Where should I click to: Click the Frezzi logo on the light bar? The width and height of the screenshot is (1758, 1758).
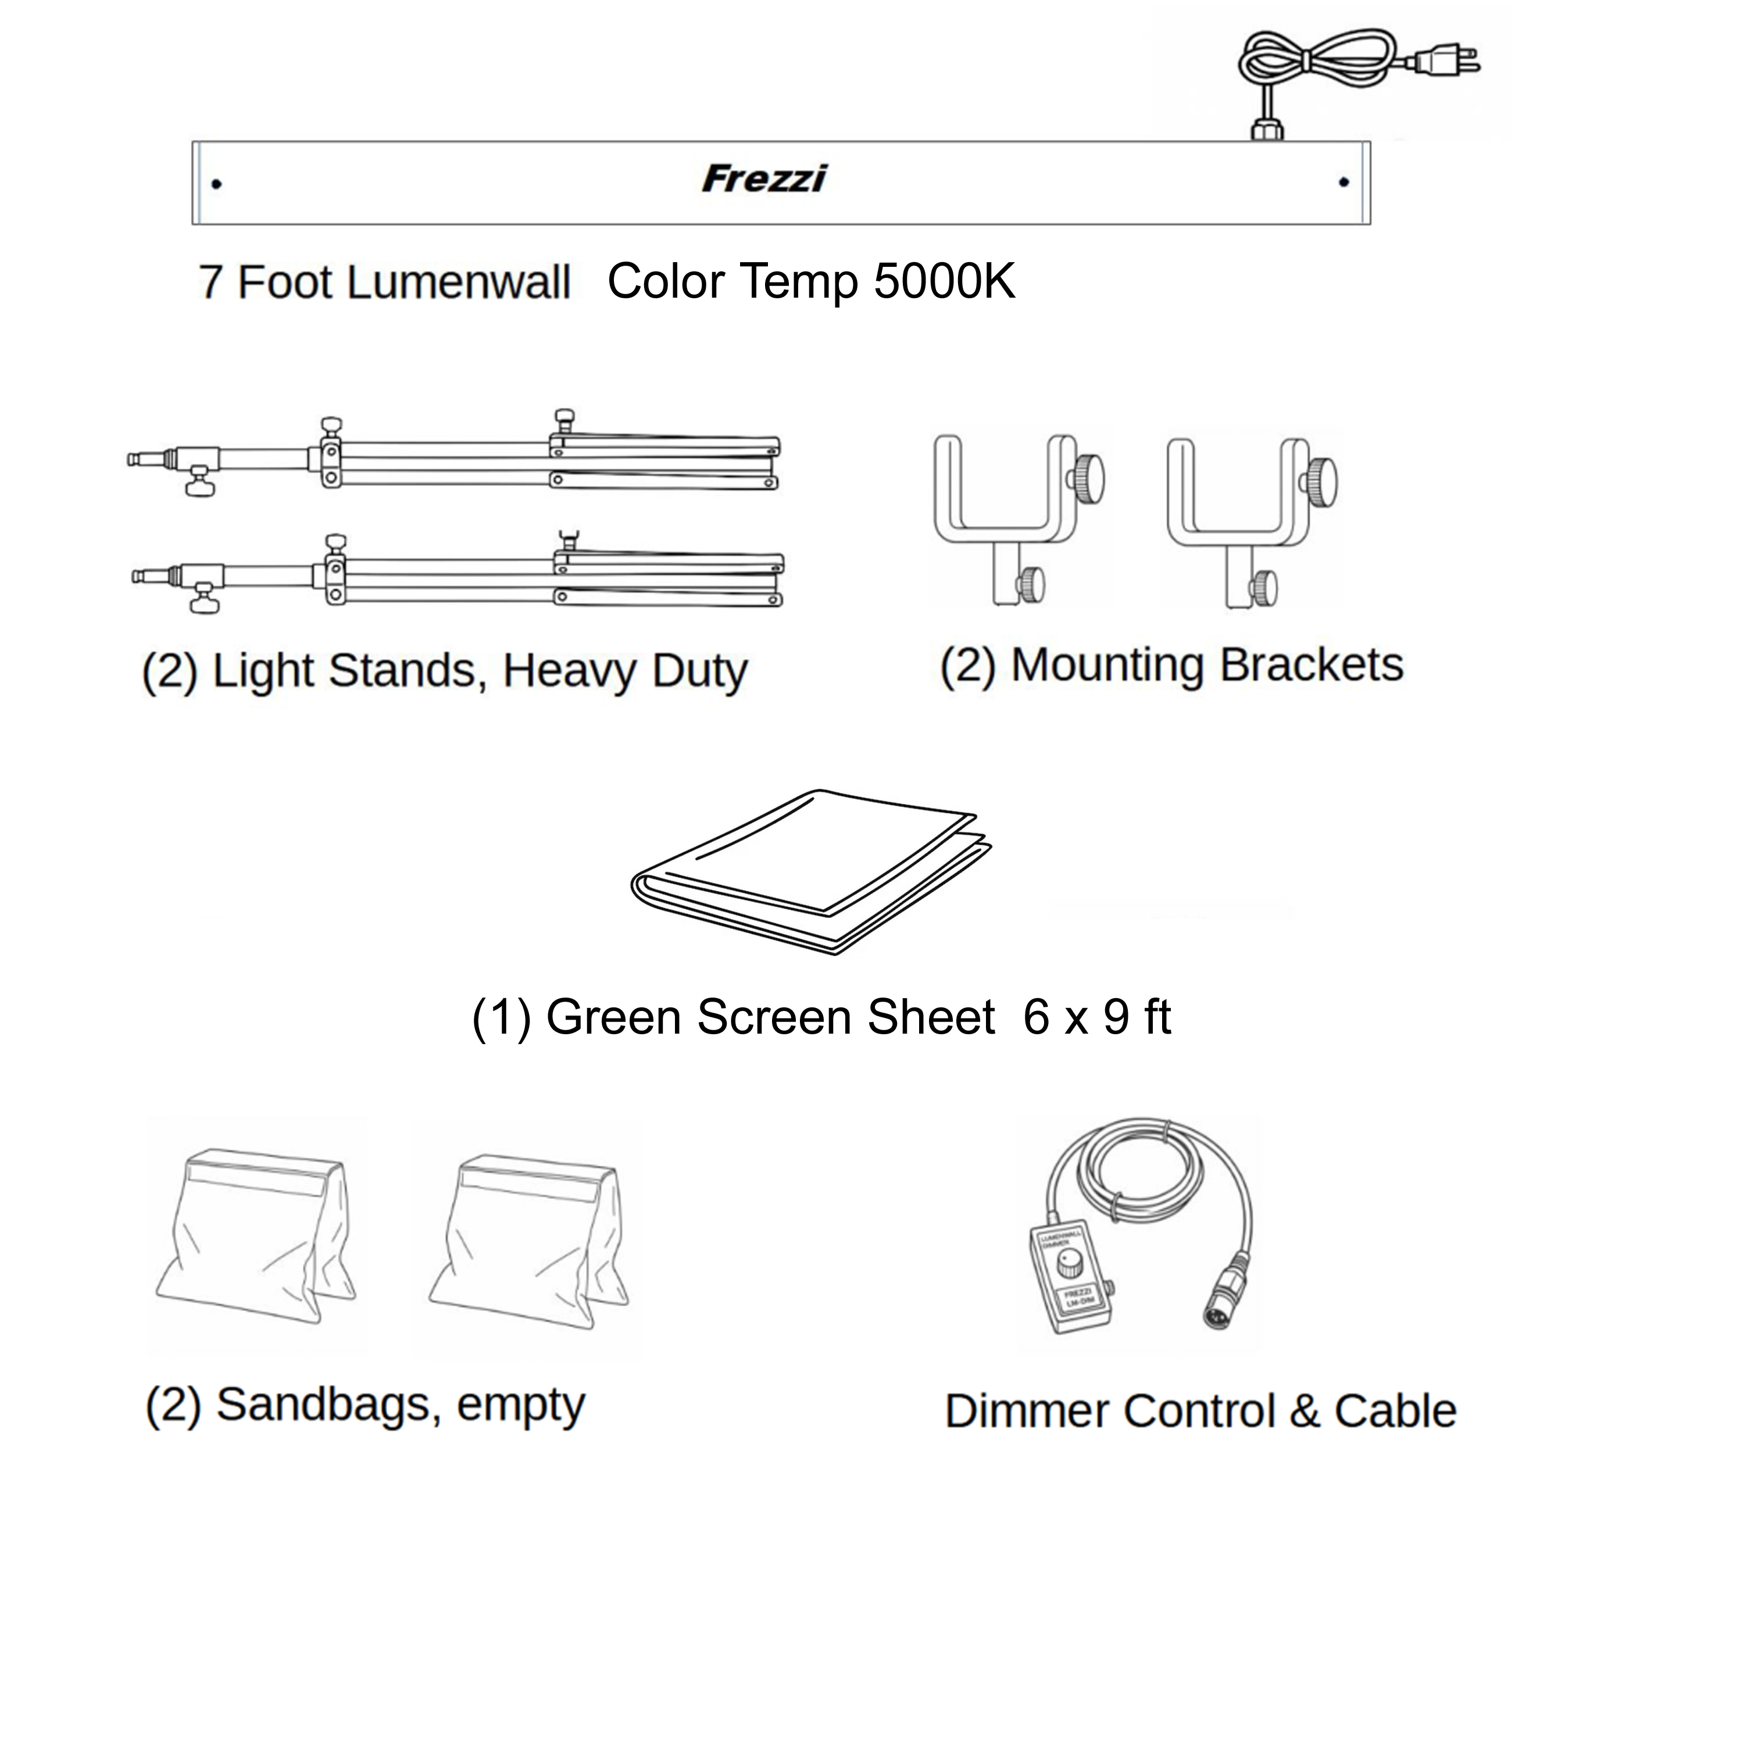pyautogui.click(x=764, y=178)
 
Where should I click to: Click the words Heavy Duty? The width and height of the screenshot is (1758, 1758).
pyautogui.click(x=624, y=671)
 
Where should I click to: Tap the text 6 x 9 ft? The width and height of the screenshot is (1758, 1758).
pyautogui.click(x=1096, y=1016)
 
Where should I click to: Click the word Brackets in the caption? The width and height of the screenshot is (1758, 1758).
pyautogui.click(x=1310, y=665)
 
